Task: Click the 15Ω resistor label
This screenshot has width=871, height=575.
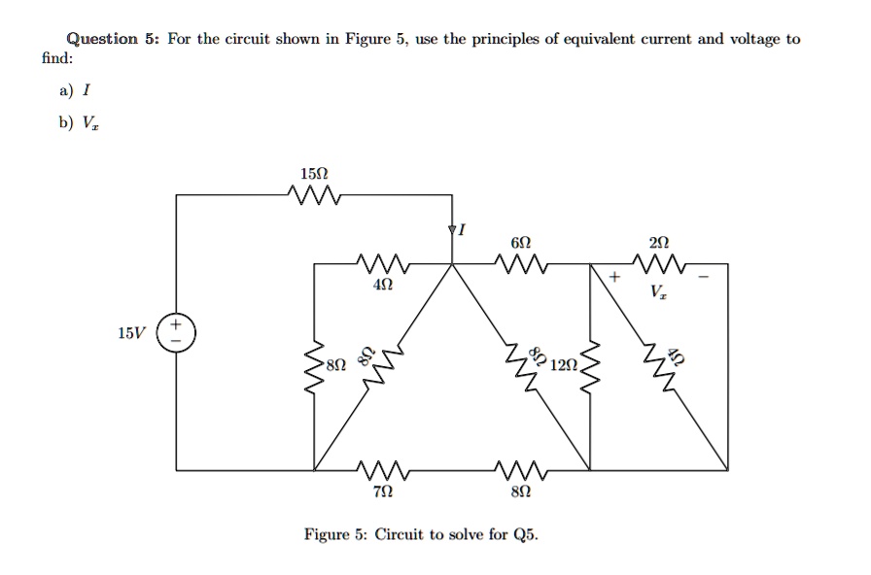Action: click(315, 174)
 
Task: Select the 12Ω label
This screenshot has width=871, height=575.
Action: click(563, 365)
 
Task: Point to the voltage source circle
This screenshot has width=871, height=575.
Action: click(177, 333)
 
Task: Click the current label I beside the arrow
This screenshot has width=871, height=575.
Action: click(463, 231)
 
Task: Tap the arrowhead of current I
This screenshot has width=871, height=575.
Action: click(452, 231)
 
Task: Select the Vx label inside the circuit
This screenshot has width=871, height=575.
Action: click(659, 290)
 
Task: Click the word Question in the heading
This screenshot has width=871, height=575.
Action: click(101, 39)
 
